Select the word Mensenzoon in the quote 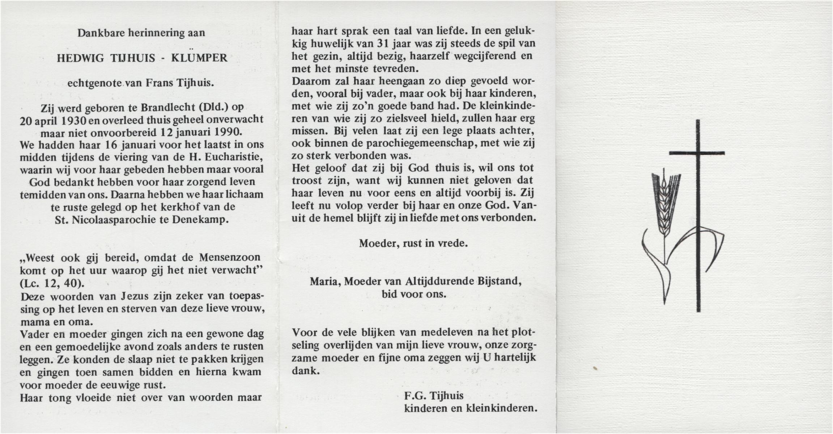click(x=229, y=258)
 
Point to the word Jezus click(x=135, y=297)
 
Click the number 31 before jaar click(x=381, y=44)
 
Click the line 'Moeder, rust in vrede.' click(x=413, y=243)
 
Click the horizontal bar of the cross click(x=697, y=153)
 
